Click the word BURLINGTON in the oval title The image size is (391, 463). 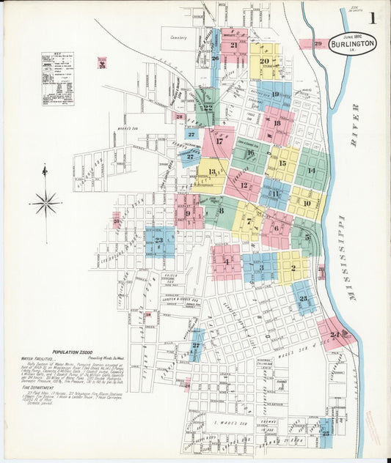click(352, 42)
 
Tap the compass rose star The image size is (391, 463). click(45, 201)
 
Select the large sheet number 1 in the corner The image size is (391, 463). click(374, 19)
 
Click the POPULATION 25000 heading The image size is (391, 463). click(76, 352)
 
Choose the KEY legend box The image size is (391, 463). click(57, 78)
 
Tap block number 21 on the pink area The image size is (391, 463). click(233, 45)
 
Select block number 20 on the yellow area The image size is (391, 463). click(264, 62)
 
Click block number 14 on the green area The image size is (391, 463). click(311, 170)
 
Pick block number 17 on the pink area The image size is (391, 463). click(219, 141)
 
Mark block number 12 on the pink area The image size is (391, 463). click(244, 186)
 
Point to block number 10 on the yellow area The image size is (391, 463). click(307, 203)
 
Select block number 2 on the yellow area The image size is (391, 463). click(293, 268)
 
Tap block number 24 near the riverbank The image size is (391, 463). click(335, 335)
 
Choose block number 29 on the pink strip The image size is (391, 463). click(318, 44)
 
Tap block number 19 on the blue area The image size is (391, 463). click(275, 94)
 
